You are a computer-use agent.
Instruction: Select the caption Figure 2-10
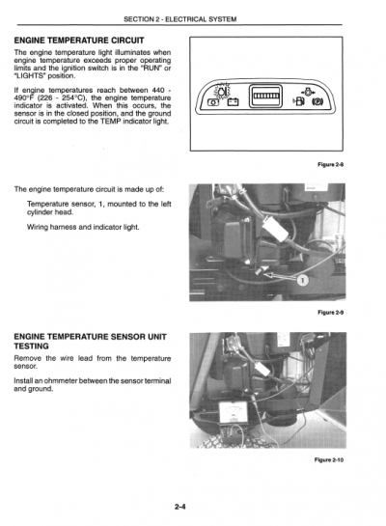[328, 459]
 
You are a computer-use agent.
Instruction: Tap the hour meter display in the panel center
[265, 97]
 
